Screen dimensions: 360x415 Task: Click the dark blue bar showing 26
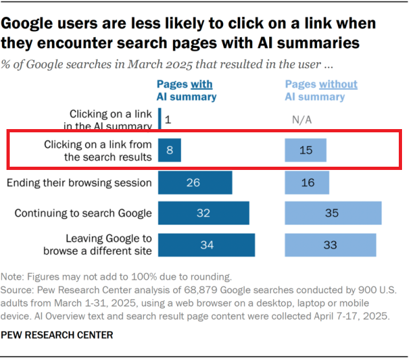pyautogui.click(x=195, y=183)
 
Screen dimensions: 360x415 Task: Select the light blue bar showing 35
pyautogui.click(x=333, y=213)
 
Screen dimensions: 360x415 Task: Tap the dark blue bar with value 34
pyautogui.click(x=206, y=245)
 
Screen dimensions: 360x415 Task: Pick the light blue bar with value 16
pyautogui.click(x=307, y=183)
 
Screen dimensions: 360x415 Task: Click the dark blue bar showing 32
pyautogui.click(x=204, y=213)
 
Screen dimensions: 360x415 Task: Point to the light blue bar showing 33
pyautogui.click(x=331, y=245)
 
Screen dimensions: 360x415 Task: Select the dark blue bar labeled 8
pyautogui.click(x=170, y=150)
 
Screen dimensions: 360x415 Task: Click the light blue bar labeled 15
pyautogui.click(x=306, y=150)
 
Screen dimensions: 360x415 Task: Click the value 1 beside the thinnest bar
pyautogui.click(x=167, y=120)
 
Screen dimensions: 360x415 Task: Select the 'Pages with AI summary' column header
pyautogui.click(x=186, y=91)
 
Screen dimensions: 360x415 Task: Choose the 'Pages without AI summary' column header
pyautogui.click(x=321, y=91)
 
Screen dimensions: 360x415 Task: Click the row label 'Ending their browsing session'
pyautogui.click(x=79, y=183)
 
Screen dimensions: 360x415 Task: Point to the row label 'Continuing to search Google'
pyautogui.click(x=83, y=213)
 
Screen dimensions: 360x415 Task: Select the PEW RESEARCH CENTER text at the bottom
pyautogui.click(x=58, y=335)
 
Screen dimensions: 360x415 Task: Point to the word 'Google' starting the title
pyautogui.click(x=33, y=24)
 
